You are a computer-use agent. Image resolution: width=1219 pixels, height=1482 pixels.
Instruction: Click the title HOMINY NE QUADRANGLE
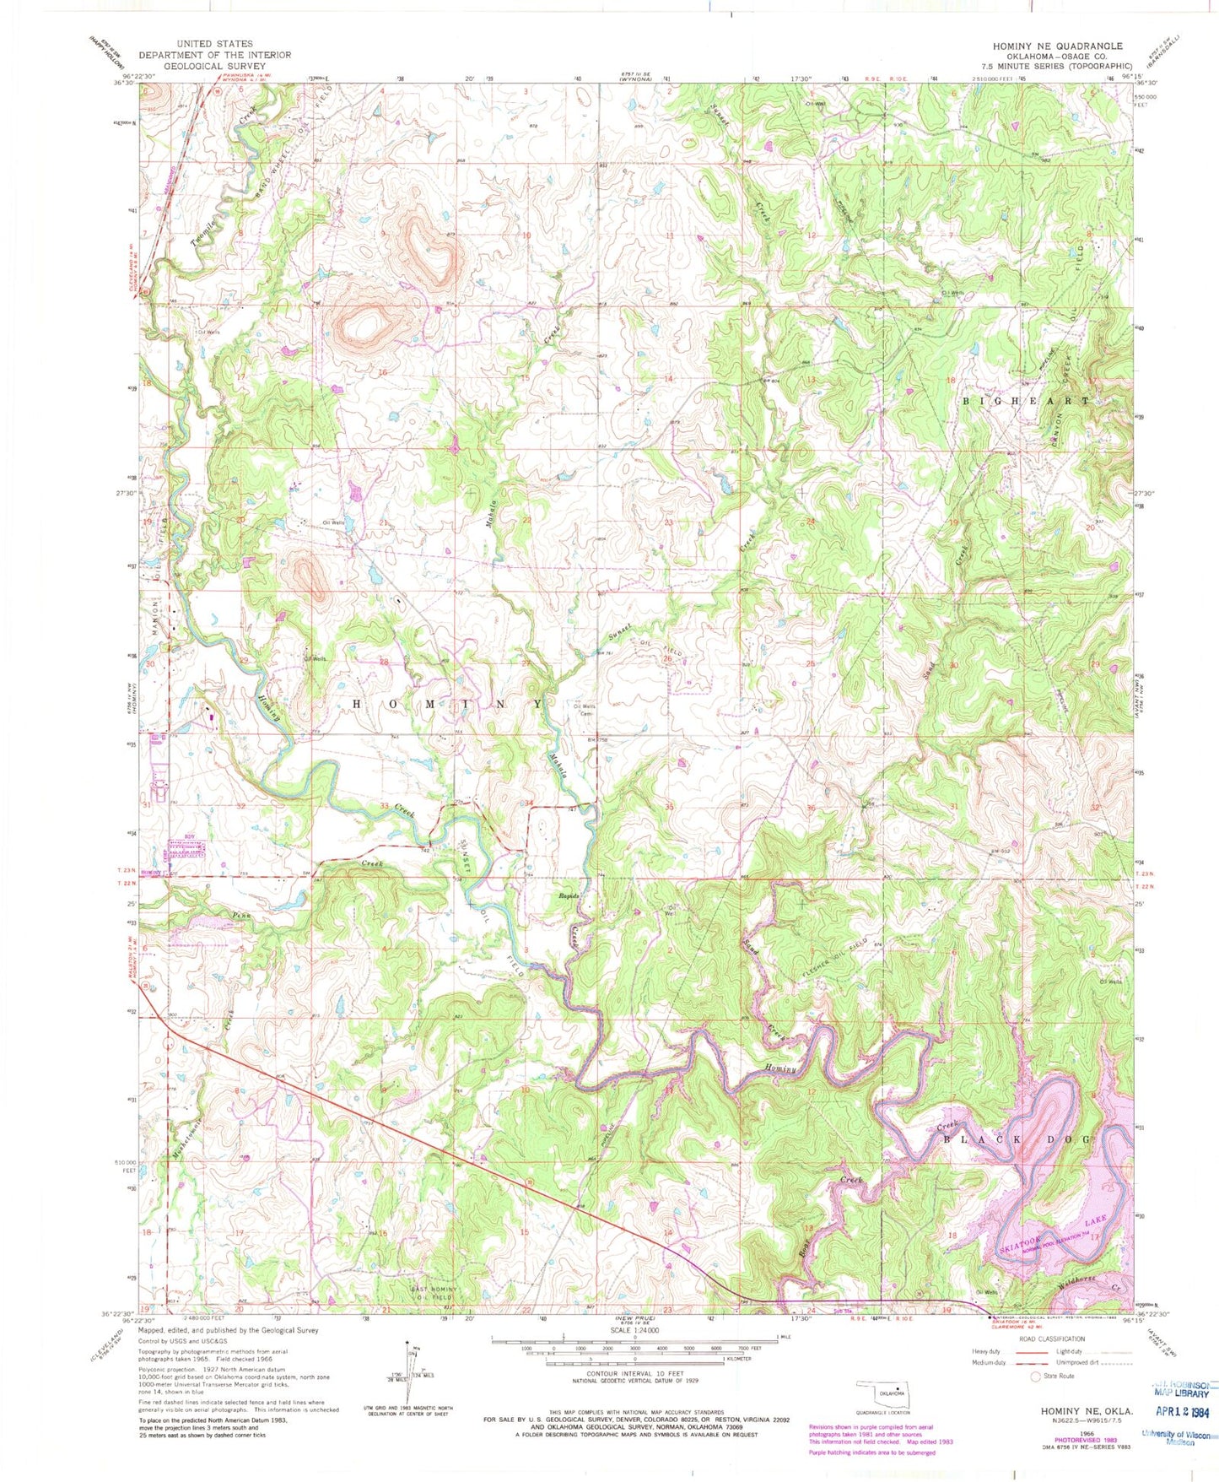coord(1060,46)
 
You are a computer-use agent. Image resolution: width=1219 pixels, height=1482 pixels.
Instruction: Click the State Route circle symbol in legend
coord(1036,1376)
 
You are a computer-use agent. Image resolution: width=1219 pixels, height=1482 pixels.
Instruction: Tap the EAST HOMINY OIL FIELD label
coord(435,1292)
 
